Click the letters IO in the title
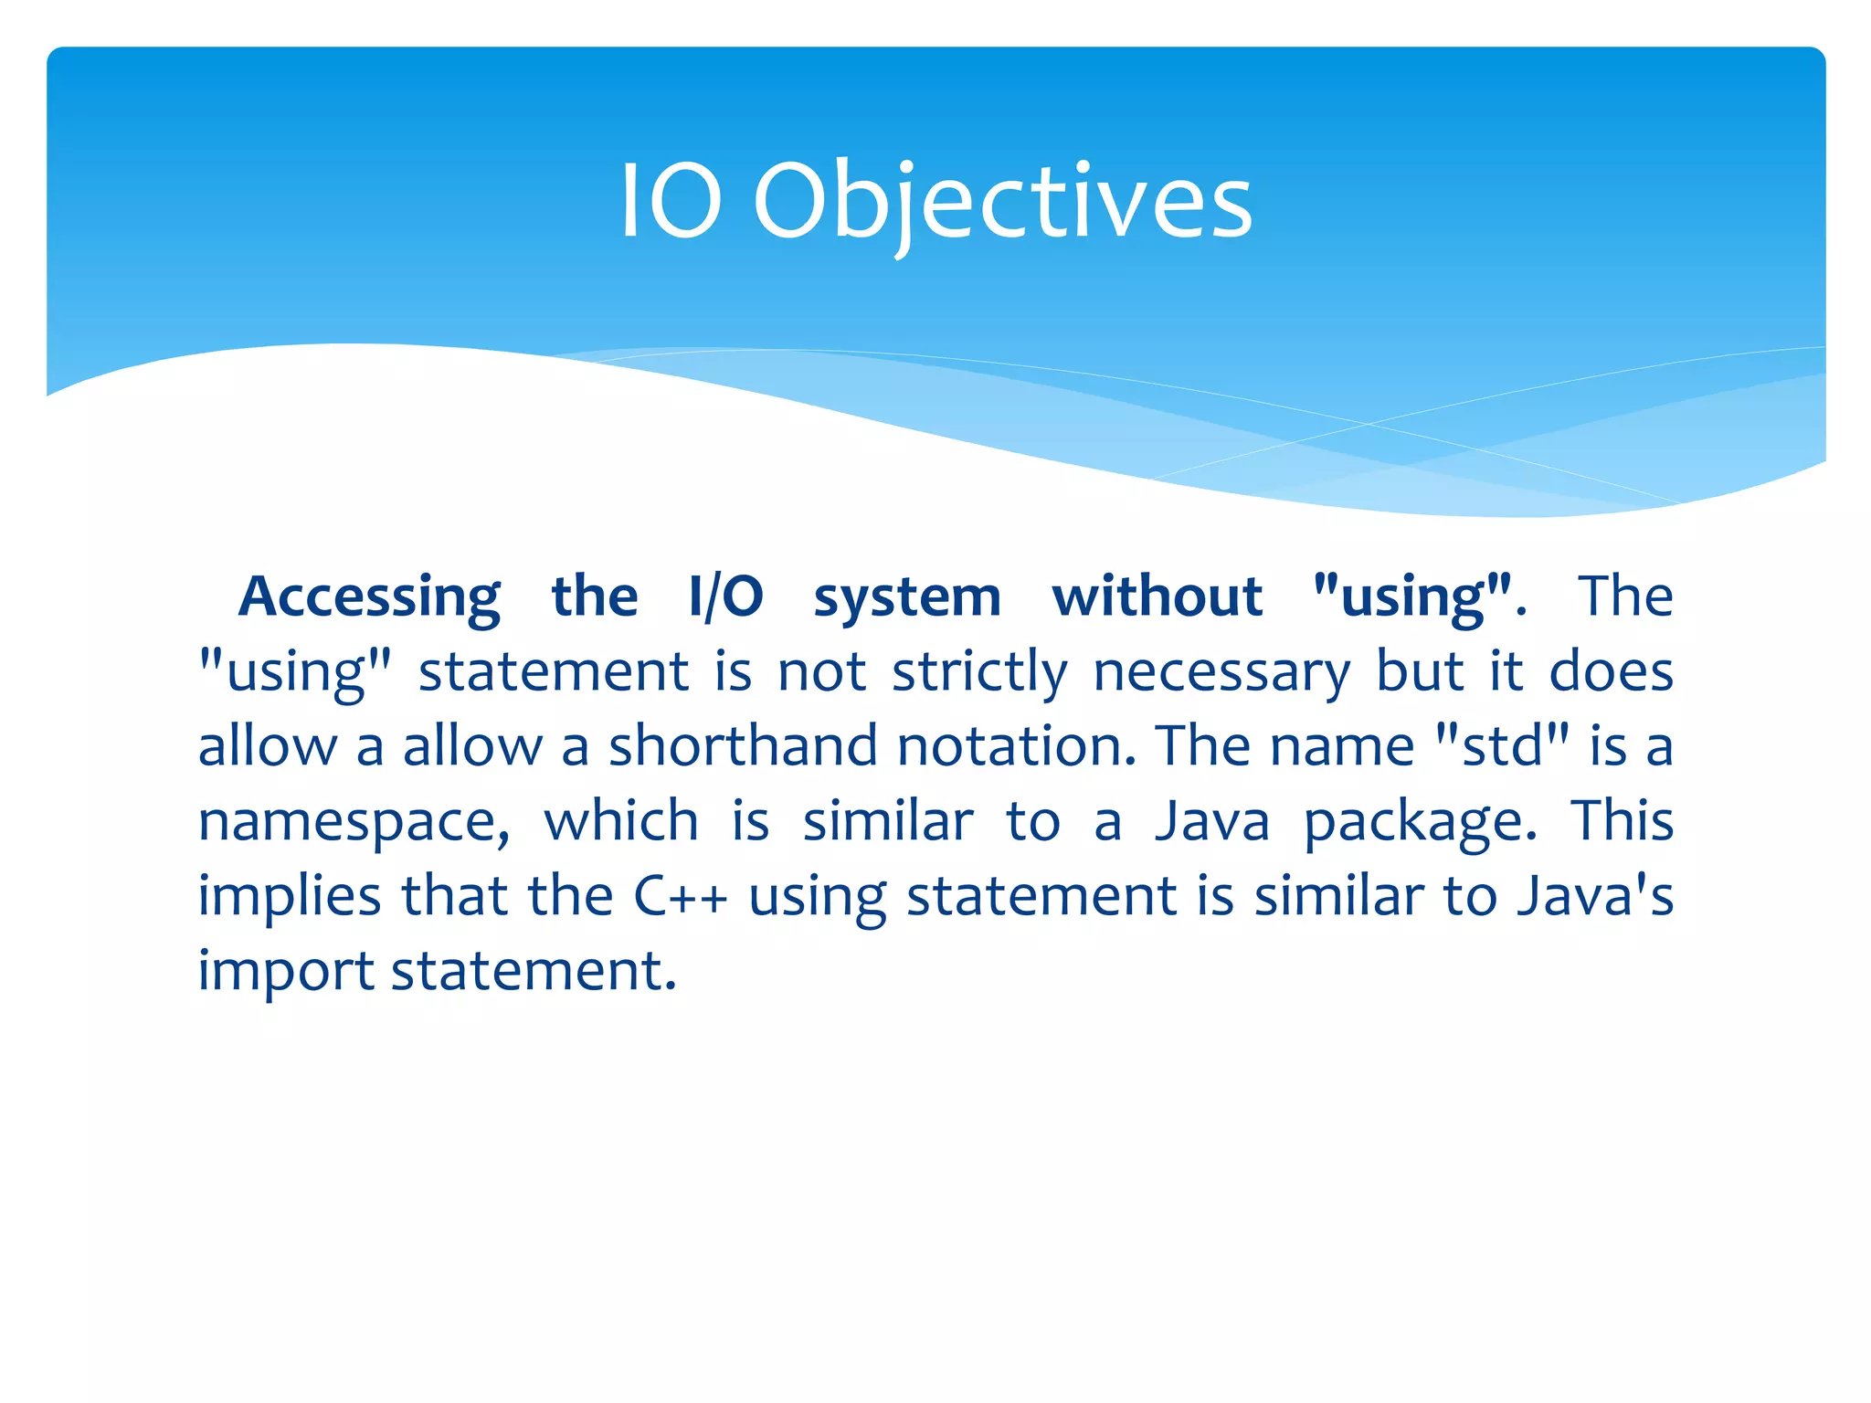[x=671, y=203]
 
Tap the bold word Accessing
[x=369, y=598]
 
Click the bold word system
[x=907, y=598]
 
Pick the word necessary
[x=1221, y=673]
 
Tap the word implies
[x=290, y=897]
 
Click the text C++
[x=681, y=897]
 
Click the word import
[x=286, y=972]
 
